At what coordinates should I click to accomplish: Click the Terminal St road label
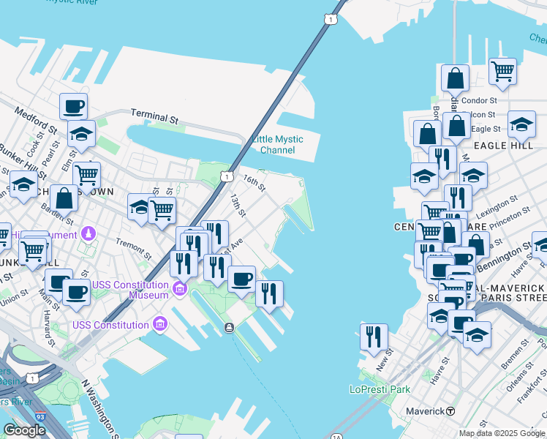pyautogui.click(x=154, y=116)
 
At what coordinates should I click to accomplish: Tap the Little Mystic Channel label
pyautogui.click(x=277, y=145)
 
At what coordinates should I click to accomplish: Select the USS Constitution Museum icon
pyautogui.click(x=180, y=290)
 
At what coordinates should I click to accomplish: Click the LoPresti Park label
pyautogui.click(x=380, y=389)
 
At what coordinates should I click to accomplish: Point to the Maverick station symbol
pyautogui.click(x=451, y=411)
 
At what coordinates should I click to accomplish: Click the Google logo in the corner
pyautogui.click(x=24, y=430)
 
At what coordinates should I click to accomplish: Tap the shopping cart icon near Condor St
pyautogui.click(x=502, y=72)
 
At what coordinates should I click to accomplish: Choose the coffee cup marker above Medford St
pyautogui.click(x=73, y=107)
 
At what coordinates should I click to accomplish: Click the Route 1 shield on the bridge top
pyautogui.click(x=332, y=19)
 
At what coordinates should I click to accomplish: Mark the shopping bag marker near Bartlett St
pyautogui.click(x=64, y=198)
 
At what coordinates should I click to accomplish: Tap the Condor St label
pyautogui.click(x=480, y=100)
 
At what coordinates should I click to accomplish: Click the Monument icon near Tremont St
pyautogui.click(x=88, y=233)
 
